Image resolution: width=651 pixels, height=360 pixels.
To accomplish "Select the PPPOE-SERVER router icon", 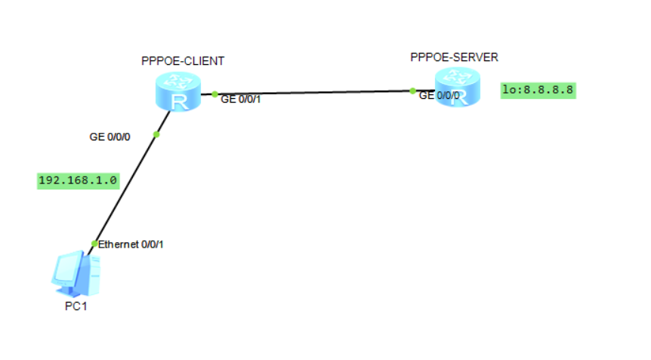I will click(456, 87).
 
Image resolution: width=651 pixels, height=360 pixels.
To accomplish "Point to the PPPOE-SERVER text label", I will click(455, 57).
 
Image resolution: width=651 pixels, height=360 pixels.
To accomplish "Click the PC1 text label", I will click(76, 306).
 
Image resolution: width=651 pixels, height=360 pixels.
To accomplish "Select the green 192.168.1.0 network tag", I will click(78, 181).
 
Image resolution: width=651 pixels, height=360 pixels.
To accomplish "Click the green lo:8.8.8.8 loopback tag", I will click(538, 91).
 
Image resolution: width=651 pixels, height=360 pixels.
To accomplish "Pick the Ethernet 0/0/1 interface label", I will click(131, 245).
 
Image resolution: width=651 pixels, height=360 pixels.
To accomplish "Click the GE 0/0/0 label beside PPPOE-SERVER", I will click(439, 96).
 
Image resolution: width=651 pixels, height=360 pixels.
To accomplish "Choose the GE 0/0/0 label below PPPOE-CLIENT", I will click(110, 137).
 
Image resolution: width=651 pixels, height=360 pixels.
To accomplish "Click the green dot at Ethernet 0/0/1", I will click(94, 244).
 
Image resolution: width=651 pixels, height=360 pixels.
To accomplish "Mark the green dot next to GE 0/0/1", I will click(214, 94).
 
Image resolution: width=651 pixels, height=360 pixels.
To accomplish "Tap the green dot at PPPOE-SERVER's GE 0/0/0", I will click(412, 91).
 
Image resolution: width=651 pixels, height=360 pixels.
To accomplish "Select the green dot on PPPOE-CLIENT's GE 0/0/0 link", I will click(156, 134).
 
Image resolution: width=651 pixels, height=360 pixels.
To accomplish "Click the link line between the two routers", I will click(313, 92).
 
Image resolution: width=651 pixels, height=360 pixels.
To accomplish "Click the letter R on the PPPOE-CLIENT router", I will click(178, 101).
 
